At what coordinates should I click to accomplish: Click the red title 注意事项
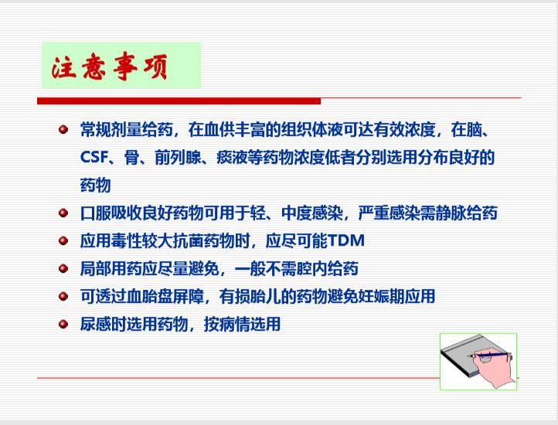click(x=109, y=66)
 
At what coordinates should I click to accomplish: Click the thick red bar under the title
click(x=179, y=101)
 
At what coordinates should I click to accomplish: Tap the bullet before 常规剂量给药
click(x=63, y=129)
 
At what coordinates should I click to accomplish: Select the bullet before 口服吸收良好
click(x=63, y=212)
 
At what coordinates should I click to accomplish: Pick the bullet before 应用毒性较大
click(x=63, y=240)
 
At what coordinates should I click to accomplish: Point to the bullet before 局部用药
click(x=63, y=268)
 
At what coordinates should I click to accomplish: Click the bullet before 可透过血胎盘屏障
click(x=63, y=296)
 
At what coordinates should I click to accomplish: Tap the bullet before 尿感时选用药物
click(x=63, y=324)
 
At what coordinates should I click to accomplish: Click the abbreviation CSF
click(x=94, y=157)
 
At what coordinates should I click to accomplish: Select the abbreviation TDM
click(x=345, y=240)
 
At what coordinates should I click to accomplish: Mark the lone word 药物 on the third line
click(x=95, y=185)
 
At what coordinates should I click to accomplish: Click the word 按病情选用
click(x=242, y=324)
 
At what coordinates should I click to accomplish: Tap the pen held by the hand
click(x=489, y=355)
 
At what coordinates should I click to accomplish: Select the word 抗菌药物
click(x=203, y=240)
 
